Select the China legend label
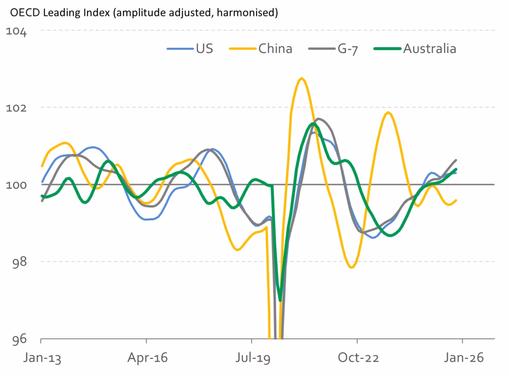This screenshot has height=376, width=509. pos(275,49)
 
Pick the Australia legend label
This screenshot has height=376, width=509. pos(429,49)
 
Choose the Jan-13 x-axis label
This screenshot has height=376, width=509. pos(42,358)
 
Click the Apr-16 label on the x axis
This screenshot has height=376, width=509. pos(147,358)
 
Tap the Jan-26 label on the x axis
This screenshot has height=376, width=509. pos(463,358)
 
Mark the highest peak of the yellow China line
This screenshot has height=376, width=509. pos(302,78)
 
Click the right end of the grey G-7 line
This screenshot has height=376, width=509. pos(456,160)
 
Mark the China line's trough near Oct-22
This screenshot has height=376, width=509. pos(351,268)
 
